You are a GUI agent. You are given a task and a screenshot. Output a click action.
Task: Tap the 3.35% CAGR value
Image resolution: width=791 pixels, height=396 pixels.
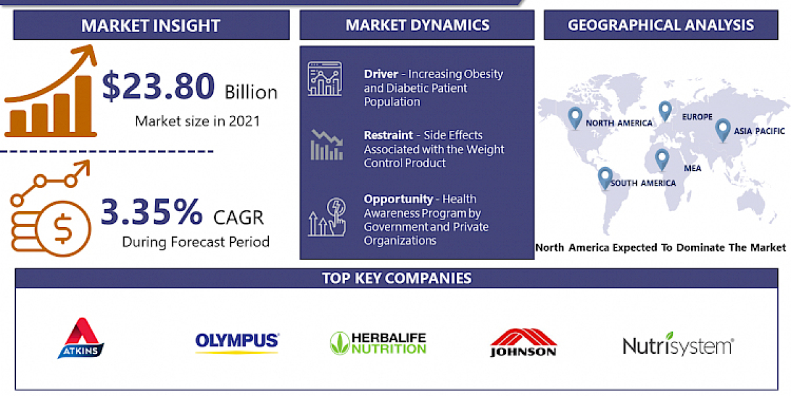152,212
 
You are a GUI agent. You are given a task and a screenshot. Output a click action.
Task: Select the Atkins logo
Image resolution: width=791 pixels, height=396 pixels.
81,338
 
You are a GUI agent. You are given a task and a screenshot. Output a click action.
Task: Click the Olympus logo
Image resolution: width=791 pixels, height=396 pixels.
237,342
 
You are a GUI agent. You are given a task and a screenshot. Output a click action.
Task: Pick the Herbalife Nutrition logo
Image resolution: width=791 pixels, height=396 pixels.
378,343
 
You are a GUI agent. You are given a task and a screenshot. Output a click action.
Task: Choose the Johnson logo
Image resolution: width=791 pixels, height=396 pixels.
523,342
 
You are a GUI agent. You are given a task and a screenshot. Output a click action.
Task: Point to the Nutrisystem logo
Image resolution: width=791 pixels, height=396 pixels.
678,344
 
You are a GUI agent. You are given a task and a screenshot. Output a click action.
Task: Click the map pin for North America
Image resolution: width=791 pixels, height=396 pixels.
575,117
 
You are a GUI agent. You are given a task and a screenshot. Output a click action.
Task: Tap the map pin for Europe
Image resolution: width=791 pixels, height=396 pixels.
664,111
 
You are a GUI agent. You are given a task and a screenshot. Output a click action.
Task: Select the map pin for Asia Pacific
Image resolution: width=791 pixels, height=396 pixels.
722,129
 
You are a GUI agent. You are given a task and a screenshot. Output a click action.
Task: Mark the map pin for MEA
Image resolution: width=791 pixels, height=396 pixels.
661,159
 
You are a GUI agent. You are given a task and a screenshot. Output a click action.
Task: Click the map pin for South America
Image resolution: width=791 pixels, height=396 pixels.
604,178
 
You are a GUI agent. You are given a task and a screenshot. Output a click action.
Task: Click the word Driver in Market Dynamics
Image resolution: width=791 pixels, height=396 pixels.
381,74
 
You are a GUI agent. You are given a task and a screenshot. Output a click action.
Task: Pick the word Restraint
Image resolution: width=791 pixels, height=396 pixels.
387,135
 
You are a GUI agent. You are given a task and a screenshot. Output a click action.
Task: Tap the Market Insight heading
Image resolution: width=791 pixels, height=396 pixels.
151,26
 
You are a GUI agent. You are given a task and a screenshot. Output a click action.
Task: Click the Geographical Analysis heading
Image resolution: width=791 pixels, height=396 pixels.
660,25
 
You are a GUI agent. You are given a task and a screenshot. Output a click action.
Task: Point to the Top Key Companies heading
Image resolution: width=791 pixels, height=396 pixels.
397,278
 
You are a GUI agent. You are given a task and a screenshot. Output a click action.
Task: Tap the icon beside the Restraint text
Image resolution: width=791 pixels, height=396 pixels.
326,145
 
